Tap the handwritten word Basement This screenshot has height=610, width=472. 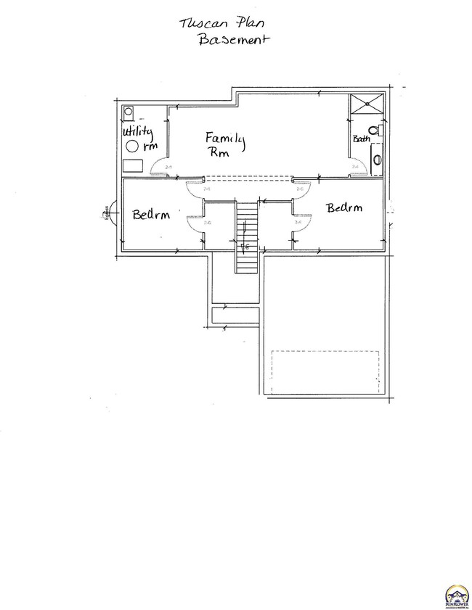pos(233,41)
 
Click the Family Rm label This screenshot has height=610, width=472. pos(224,144)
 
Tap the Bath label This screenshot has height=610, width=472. pos(361,138)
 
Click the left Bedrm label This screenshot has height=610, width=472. pos(150,215)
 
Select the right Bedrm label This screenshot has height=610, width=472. pos(343,208)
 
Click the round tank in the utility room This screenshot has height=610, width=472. pos(134,147)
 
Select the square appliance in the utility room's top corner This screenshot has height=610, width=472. pos(129,112)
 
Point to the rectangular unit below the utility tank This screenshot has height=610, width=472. pos(132,166)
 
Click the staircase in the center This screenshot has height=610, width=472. pos(246,236)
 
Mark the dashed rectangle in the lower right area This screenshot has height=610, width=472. pos(325,372)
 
